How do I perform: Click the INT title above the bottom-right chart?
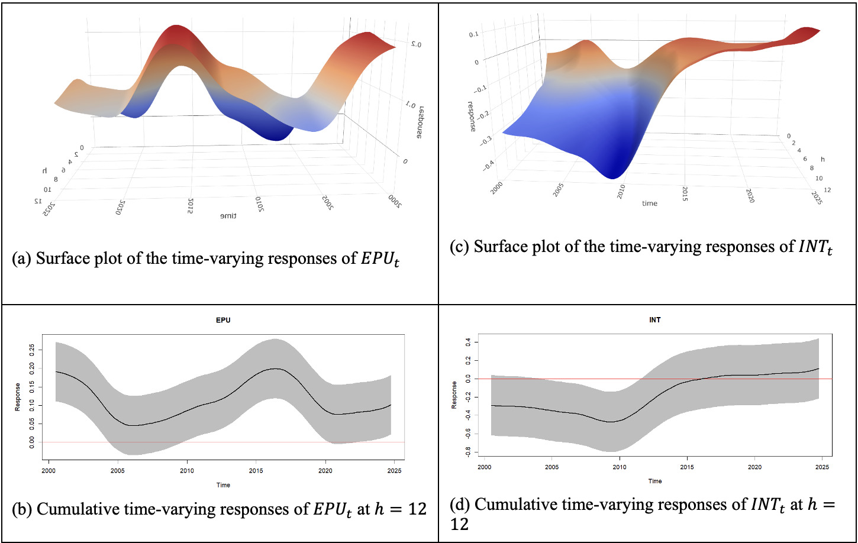[x=654, y=320]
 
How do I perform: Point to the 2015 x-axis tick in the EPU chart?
[x=255, y=470]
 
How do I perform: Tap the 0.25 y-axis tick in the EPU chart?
[x=31, y=350]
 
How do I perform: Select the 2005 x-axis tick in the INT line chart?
[x=551, y=467]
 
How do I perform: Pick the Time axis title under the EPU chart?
[x=223, y=485]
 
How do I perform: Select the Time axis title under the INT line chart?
[x=654, y=481]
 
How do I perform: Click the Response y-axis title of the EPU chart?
[x=17, y=397]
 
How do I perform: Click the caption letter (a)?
[x=21, y=260]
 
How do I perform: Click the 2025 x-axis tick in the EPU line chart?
[x=393, y=470]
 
